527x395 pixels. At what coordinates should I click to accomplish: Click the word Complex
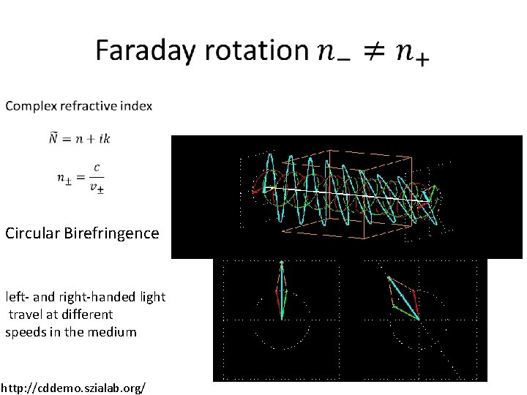[28, 106]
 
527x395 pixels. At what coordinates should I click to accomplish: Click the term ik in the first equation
[105, 138]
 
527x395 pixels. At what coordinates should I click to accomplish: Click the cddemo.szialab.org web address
[72, 385]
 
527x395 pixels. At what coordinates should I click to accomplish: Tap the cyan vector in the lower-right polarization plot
[404, 298]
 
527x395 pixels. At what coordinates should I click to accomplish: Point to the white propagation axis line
[344, 193]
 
